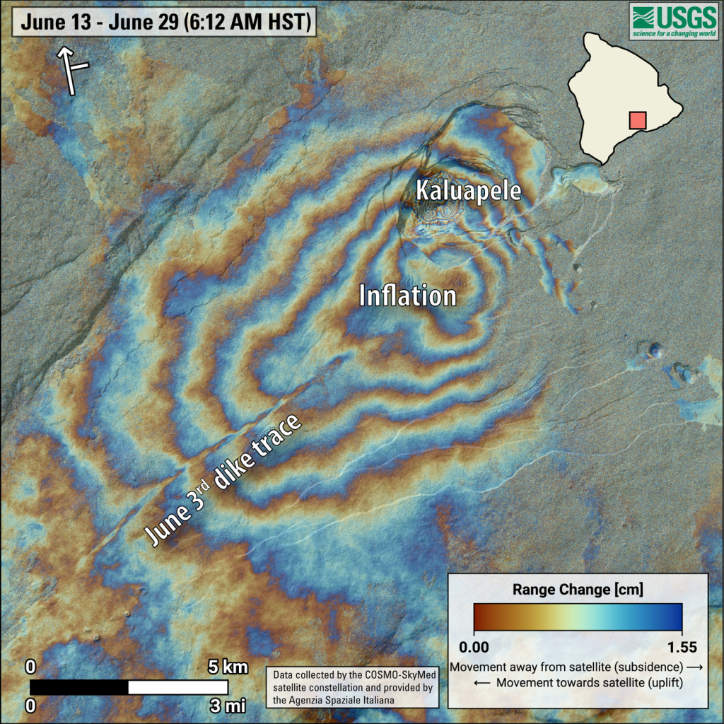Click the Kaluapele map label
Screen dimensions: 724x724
tap(468, 191)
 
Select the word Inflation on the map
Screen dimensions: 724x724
tap(407, 296)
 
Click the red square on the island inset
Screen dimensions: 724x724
tap(637, 119)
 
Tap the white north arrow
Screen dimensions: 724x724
tap(71, 70)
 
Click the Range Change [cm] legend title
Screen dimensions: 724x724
tap(578, 588)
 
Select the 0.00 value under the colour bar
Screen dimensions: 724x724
tap(484, 646)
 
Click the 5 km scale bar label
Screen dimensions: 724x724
tap(227, 667)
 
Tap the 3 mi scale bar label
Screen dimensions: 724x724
tap(227, 704)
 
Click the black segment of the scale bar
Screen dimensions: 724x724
tap(79, 687)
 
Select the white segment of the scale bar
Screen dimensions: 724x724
tap(178, 687)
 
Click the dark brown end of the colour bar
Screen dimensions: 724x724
tap(481, 617)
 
